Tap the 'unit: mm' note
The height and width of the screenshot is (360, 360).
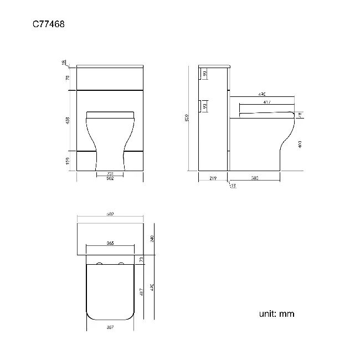276,314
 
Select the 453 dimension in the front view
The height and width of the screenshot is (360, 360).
68,120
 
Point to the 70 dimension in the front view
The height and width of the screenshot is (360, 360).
68,78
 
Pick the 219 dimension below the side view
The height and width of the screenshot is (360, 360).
213,178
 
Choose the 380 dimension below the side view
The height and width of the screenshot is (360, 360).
255,178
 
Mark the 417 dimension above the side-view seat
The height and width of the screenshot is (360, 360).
267,102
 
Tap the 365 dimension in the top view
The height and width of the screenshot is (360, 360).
110,243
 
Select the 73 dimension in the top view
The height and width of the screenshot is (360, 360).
142,259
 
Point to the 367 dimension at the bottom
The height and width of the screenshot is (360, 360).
110,327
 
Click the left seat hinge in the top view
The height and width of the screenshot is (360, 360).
100,262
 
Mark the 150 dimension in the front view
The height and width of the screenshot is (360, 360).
68,161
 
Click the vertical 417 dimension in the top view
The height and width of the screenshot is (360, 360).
142,290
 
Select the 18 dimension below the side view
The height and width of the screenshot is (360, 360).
233,186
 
